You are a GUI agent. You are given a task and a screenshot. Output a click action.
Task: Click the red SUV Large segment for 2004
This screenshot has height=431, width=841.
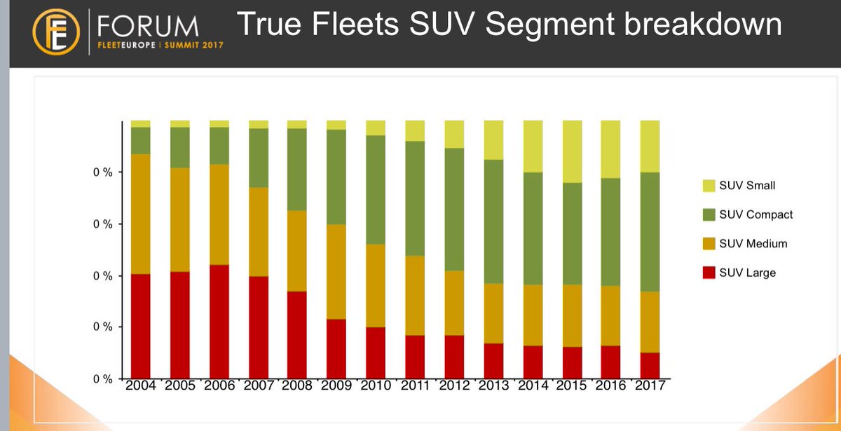(x=141, y=326)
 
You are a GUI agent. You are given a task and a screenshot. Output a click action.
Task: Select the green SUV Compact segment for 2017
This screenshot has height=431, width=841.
(x=650, y=231)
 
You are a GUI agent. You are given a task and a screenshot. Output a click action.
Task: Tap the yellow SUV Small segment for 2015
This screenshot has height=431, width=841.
(x=571, y=151)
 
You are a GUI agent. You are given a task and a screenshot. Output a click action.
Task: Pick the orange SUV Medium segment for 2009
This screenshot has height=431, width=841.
(x=336, y=272)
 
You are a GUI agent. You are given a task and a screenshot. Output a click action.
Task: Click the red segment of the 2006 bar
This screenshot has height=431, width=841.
(x=219, y=321)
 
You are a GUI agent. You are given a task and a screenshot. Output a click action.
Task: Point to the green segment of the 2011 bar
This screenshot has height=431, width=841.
(x=415, y=198)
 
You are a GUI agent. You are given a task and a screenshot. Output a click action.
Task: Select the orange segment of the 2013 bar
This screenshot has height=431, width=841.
(x=493, y=313)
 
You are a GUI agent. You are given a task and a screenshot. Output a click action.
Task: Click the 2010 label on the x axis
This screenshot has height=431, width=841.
(x=376, y=386)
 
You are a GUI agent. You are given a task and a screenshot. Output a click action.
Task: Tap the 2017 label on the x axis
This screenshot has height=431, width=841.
(x=650, y=386)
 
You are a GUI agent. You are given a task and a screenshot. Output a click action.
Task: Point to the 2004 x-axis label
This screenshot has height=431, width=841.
(x=141, y=386)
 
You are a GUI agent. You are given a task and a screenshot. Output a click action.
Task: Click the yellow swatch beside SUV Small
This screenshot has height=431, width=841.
(x=709, y=186)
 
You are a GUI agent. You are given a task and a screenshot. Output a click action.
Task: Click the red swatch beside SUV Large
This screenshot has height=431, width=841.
(x=709, y=273)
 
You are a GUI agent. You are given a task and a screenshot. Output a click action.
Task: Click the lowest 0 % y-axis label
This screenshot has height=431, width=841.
(x=102, y=379)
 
